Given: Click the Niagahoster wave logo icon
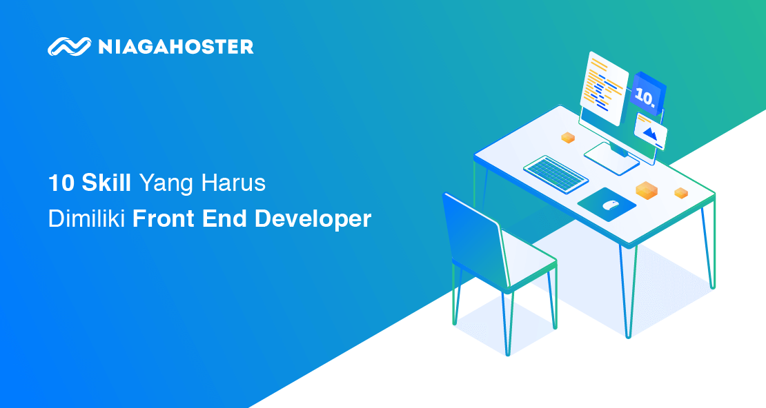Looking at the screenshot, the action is (70, 46).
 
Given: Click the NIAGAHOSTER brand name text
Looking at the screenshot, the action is (176, 47).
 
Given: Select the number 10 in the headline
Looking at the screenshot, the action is (61, 183).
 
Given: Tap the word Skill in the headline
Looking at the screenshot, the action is (106, 183).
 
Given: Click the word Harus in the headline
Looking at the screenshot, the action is (233, 183).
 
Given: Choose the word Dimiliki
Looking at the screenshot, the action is (86, 218).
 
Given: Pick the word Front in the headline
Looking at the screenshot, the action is (164, 218).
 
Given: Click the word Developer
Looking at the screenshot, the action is (313, 219).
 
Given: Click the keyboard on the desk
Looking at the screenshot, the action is (556, 174).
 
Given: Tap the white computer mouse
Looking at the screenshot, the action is (610, 205).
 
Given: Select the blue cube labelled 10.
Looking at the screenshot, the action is (647, 94).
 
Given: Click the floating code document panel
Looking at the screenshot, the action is (604, 88).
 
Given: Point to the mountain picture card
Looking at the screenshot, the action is (650, 131).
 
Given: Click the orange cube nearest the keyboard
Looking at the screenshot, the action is (568, 138).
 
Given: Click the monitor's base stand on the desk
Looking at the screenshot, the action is (611, 158).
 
